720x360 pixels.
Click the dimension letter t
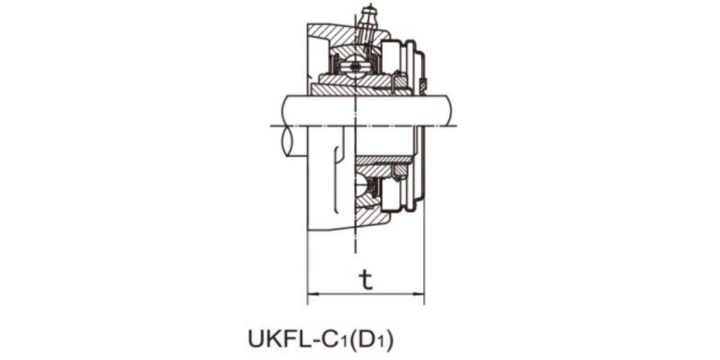(365, 280)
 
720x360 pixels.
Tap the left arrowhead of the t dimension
(312, 292)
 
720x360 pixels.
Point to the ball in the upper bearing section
(357, 65)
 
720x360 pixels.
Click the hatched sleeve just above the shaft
(360, 86)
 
